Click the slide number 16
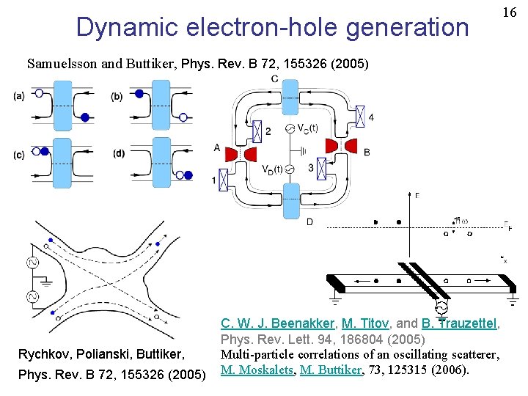click(x=510, y=13)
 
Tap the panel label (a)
click(x=18, y=95)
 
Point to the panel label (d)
click(x=119, y=153)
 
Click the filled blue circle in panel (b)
click(x=139, y=94)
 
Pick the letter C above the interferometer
click(x=274, y=79)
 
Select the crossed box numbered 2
click(x=257, y=131)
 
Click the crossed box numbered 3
click(x=320, y=169)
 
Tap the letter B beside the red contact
click(x=366, y=151)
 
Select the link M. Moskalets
click(x=254, y=369)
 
